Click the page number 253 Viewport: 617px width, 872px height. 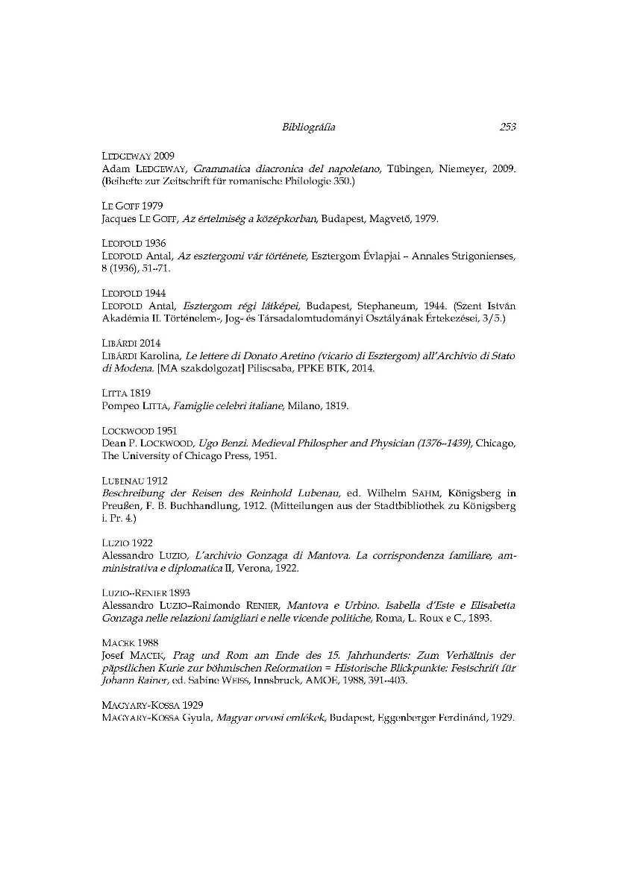pyautogui.click(x=508, y=127)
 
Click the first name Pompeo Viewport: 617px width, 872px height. pyautogui.click(x=117, y=406)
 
